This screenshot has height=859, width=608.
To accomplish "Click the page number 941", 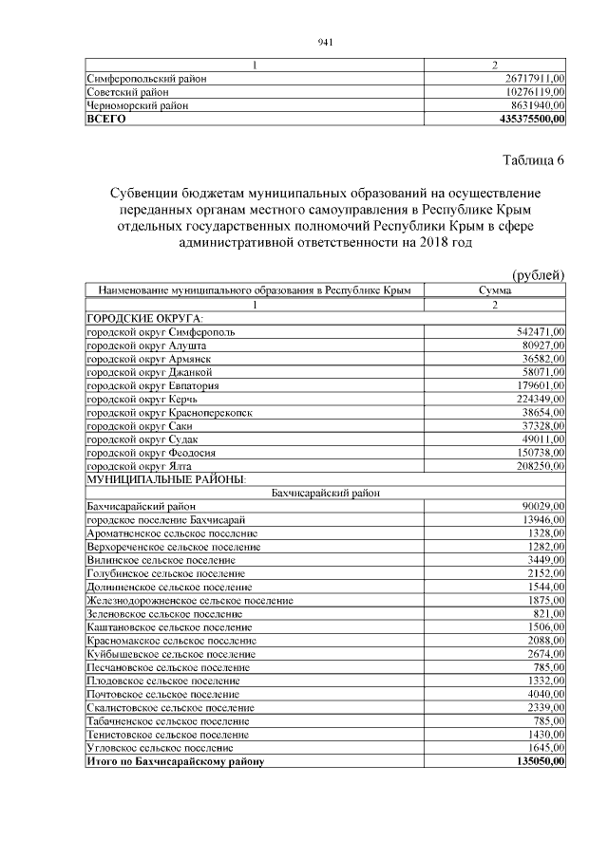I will [x=324, y=42].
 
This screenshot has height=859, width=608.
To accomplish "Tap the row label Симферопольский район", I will [x=147, y=79].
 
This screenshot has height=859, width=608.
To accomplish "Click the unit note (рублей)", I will [x=538, y=275].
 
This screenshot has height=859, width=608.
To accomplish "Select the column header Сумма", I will [x=495, y=290].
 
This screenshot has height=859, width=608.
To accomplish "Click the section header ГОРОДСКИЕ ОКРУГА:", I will [x=145, y=318].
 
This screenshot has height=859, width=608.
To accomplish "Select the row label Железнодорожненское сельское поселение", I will [x=189, y=601].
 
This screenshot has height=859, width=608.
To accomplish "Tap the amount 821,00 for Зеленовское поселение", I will [x=549, y=614].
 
